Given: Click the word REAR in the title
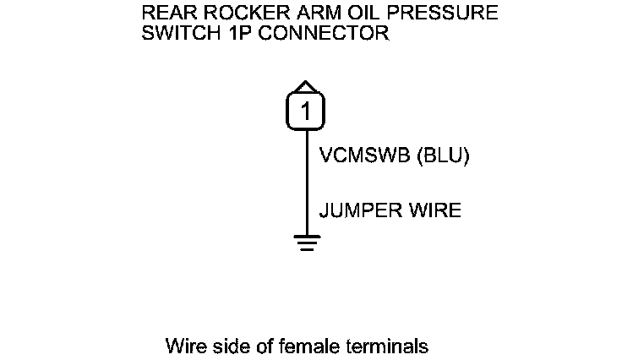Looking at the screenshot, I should (166, 14).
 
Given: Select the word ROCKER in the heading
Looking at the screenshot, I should (232, 14).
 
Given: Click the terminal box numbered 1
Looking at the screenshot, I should (306, 112).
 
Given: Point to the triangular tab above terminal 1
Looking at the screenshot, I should (306, 86).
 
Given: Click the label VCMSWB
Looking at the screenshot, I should (361, 156).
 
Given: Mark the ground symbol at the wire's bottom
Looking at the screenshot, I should (306, 243).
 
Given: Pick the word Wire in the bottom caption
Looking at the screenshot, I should (185, 346).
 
